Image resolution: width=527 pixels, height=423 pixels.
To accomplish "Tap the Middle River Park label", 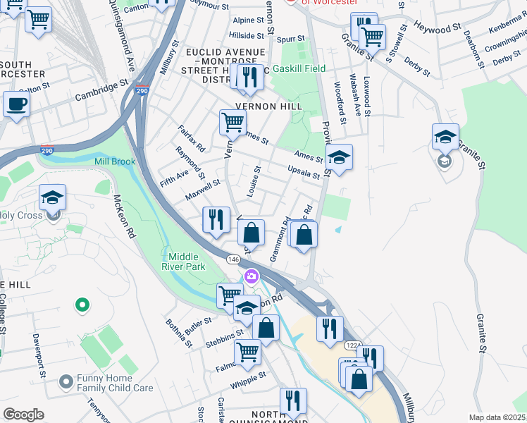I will tap(187, 262).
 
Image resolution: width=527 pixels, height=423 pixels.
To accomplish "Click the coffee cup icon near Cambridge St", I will tap(16, 104).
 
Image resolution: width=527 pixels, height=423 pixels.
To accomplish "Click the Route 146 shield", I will tap(233, 259).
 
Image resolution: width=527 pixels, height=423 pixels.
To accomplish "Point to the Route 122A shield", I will tap(352, 345).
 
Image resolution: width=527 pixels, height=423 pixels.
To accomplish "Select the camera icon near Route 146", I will tap(249, 275).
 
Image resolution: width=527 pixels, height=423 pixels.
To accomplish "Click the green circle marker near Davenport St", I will tap(82, 305).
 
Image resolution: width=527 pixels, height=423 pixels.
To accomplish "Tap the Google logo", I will tap(23, 415).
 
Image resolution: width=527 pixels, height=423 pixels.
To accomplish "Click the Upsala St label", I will tap(304, 171).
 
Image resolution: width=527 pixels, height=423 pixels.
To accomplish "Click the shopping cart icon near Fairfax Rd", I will tap(232, 122).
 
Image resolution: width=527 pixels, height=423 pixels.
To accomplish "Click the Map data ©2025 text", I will tap(497, 417).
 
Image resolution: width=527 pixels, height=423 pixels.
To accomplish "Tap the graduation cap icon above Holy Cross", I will tap(52, 197).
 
